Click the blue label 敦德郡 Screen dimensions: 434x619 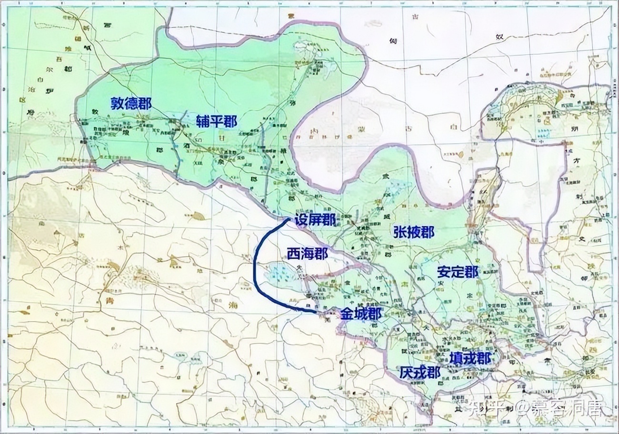click(x=131, y=104)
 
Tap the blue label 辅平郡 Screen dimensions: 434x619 click(x=216, y=121)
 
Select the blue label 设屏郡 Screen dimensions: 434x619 click(x=315, y=219)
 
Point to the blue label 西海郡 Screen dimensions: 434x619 click(x=307, y=254)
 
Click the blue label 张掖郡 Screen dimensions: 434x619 click(x=414, y=232)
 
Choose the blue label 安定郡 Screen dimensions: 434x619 click(x=458, y=272)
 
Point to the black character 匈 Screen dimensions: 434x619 click(x=393, y=41)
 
